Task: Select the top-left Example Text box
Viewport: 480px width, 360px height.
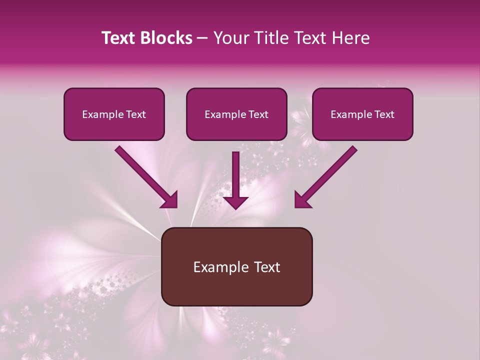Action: (x=114, y=114)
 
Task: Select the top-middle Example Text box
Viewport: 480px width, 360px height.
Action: (x=236, y=114)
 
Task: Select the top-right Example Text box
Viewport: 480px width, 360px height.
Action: (x=362, y=114)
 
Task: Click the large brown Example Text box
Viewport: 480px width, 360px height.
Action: (x=236, y=266)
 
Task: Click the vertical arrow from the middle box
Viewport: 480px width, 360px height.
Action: (x=235, y=175)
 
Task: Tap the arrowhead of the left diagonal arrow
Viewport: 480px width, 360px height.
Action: (x=170, y=200)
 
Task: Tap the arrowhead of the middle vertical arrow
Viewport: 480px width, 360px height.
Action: (x=235, y=202)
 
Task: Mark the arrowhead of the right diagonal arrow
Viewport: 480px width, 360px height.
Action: (x=302, y=200)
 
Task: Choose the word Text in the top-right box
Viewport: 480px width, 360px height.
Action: (x=384, y=114)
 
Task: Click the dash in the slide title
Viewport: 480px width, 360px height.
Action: (x=202, y=38)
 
